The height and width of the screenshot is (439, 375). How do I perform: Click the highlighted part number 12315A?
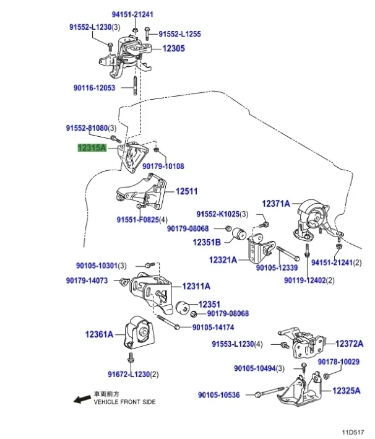92,148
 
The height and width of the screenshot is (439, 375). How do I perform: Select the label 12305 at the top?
174,49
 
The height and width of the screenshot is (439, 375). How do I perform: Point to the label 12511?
186,192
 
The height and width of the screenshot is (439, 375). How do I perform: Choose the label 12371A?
275,203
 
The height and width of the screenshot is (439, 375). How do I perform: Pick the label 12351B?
207,242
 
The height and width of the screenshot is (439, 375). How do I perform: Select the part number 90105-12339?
277,268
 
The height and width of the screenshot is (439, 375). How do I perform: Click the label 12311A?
196,287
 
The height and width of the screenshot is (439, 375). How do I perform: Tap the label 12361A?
100,334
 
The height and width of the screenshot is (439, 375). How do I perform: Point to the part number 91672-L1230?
128,375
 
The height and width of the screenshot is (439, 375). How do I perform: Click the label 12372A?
350,343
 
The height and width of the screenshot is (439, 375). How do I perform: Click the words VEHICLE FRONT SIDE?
125,402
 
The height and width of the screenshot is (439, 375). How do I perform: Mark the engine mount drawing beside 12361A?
140,335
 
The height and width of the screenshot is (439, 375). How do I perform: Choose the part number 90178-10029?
339,362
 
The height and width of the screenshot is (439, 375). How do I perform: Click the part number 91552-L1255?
180,35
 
